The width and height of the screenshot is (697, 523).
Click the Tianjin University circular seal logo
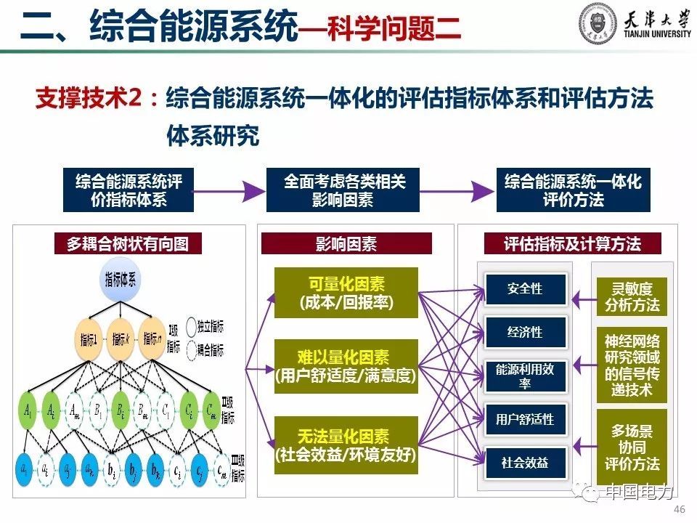598,23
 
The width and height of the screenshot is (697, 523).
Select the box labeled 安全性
525,289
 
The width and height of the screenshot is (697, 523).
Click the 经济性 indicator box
525,333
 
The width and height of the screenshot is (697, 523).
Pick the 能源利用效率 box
525,376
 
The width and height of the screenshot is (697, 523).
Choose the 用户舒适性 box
525,419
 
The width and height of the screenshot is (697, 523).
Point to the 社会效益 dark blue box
525,463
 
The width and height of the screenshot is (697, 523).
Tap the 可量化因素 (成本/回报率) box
346,293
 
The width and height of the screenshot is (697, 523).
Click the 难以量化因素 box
346,366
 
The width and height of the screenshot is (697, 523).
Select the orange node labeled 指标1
87,338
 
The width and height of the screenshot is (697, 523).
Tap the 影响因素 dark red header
346,243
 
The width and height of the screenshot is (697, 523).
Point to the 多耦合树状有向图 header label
128,243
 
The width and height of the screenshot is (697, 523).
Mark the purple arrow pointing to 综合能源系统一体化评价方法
457,191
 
